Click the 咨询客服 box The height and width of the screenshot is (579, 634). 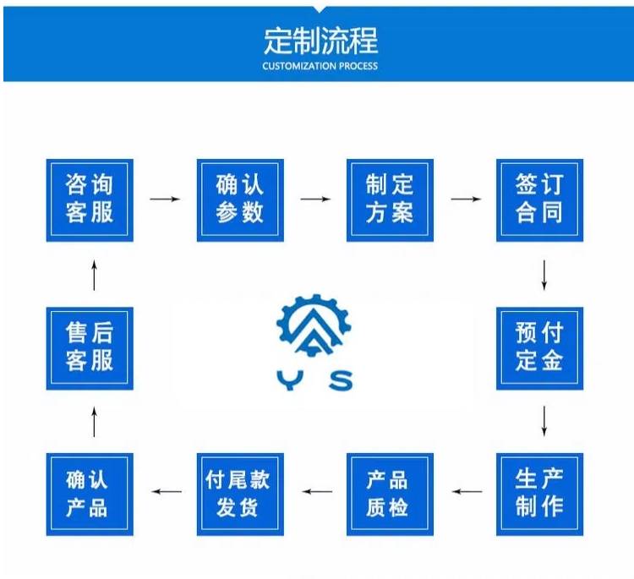(90, 199)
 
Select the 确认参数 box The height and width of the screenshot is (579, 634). (239, 199)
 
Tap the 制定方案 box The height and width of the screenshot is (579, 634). (390, 199)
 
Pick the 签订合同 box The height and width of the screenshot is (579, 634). (539, 199)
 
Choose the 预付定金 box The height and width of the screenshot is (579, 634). (539, 347)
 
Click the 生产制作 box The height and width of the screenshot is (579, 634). (539, 494)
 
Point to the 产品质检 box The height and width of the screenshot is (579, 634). (390, 494)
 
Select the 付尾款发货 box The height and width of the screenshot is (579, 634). (239, 494)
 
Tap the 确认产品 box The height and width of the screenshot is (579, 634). (90, 494)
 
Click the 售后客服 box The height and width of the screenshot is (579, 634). (90, 347)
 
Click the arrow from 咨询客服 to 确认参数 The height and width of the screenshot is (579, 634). (165, 199)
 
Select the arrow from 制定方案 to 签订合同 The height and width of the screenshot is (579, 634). (466, 199)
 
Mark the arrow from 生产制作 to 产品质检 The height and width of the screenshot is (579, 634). (466, 491)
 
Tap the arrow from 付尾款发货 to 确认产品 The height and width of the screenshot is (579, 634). (165, 491)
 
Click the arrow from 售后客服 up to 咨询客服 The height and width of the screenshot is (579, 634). (94, 275)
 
